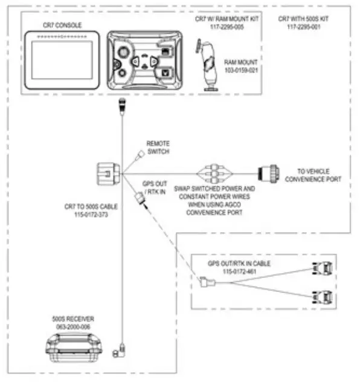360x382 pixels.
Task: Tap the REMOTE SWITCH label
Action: pyautogui.click(x=158, y=147)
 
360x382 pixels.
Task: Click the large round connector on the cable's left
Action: pyautogui.click(x=106, y=175)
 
